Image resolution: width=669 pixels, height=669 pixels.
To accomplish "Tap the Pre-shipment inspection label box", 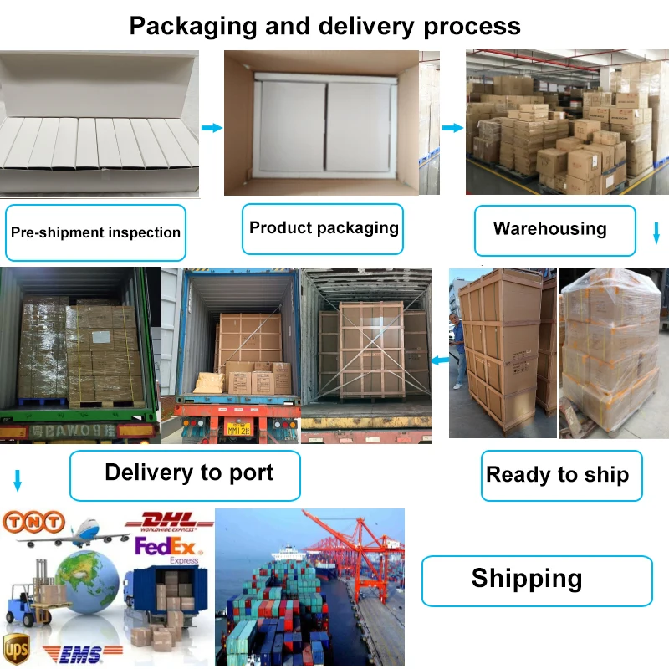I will click(x=95, y=232).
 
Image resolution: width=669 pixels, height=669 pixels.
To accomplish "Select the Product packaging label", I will click(x=324, y=228).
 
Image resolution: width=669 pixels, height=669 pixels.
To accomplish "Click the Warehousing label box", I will click(x=549, y=229).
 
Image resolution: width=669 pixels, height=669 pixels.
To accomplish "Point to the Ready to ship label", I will click(x=557, y=475).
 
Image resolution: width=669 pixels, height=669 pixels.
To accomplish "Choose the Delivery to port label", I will click(x=189, y=472).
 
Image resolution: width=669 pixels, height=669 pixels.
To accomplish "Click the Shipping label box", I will click(x=527, y=579).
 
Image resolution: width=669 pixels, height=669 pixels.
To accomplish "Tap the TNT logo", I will click(x=34, y=523).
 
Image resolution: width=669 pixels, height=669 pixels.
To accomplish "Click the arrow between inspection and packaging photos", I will click(x=212, y=128).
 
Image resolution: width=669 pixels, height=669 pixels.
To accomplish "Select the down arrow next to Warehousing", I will click(x=656, y=233).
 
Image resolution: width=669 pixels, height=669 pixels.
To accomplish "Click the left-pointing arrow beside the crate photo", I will click(x=438, y=360).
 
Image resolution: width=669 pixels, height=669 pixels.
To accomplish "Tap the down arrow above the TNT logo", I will click(x=18, y=481).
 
